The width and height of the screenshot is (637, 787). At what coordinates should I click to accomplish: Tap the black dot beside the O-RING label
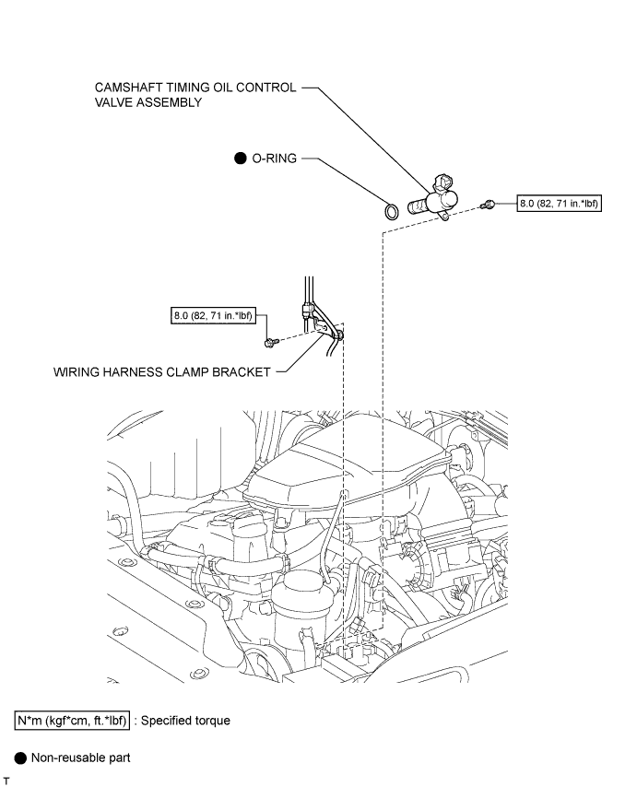tap(241, 159)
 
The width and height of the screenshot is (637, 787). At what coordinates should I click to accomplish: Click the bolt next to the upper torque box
tap(488, 205)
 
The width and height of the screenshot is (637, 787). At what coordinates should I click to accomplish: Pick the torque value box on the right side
tap(559, 204)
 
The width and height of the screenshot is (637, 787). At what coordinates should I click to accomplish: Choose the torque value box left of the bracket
tap(213, 316)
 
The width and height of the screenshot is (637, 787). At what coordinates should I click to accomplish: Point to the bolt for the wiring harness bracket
tap(270, 343)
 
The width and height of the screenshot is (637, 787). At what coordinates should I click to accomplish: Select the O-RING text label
tap(274, 159)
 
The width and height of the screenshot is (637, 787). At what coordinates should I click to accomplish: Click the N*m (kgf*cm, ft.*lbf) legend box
tap(72, 721)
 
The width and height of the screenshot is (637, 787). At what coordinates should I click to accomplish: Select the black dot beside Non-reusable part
tap(20, 758)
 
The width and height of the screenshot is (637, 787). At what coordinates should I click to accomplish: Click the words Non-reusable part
tap(81, 758)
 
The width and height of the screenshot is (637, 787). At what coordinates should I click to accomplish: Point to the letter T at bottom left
tap(6, 781)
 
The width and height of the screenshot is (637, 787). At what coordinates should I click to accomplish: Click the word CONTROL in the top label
tap(266, 88)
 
